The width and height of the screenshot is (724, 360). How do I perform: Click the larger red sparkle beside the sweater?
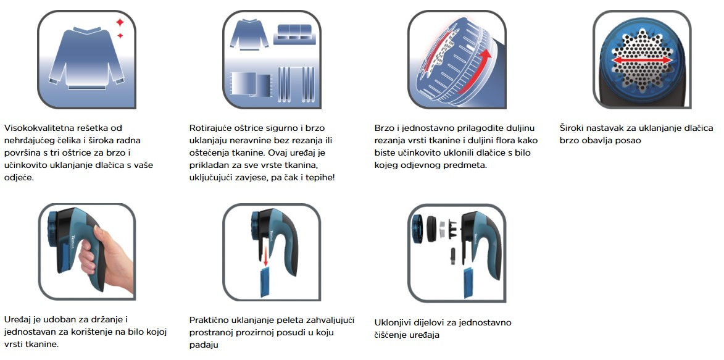tap(120, 22)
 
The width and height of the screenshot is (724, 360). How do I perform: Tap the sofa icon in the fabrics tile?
tap(293, 34)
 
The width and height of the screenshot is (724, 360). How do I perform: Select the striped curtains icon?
tap(296, 84)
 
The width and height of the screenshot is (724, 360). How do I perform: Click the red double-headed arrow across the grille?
tap(642, 61)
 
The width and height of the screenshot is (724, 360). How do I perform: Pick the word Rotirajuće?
tap(210, 128)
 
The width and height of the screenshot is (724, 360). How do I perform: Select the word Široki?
tap(572, 128)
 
